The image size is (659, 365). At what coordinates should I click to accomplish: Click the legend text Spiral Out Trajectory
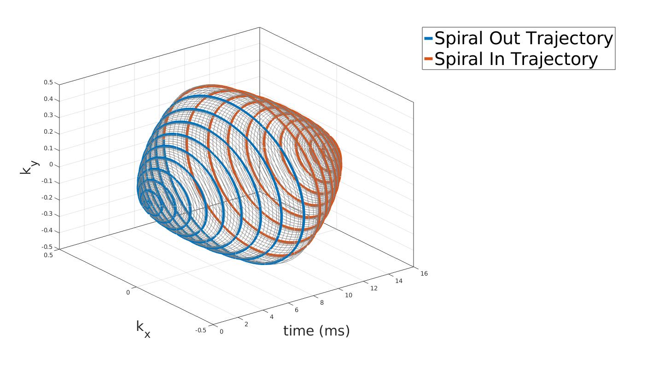(524, 38)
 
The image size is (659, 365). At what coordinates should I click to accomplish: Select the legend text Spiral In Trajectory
(516, 59)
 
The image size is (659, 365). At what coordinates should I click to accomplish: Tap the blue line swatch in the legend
(428, 38)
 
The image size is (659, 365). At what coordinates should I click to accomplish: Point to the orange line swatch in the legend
(428, 59)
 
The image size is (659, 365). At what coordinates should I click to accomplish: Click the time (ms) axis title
(316, 331)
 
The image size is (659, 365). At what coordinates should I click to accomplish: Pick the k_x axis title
(143, 329)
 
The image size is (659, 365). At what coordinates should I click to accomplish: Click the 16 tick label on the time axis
(424, 273)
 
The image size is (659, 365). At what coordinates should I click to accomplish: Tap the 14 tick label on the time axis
(399, 281)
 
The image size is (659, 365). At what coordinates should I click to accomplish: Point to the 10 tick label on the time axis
(348, 295)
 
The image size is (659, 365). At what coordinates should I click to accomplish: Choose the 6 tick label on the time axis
(297, 310)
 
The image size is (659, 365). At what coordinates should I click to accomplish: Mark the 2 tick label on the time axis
(246, 324)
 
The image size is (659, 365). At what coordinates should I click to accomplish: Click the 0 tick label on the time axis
(222, 331)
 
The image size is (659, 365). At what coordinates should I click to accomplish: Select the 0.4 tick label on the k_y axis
(48, 99)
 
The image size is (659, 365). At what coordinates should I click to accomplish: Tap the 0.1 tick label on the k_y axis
(48, 148)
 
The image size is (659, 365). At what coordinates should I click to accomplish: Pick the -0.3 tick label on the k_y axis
(47, 214)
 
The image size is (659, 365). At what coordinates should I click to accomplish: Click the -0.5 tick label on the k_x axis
(201, 330)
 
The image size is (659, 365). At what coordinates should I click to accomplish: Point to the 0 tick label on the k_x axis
(128, 292)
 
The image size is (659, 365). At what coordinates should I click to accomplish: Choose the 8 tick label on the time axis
(322, 303)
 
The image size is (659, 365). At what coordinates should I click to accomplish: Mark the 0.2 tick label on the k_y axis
(48, 132)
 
